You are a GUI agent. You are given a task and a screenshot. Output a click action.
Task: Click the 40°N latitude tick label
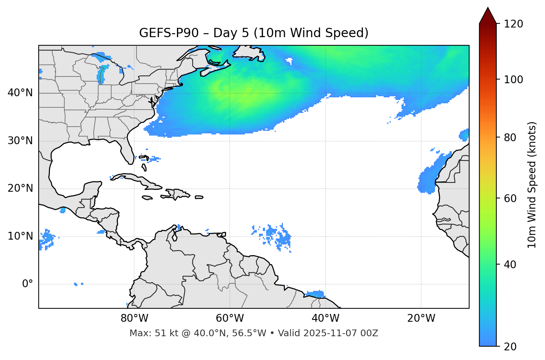(20, 93)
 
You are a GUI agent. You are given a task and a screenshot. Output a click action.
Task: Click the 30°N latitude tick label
(20, 141)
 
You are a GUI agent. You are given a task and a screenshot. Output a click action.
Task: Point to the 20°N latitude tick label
(20, 188)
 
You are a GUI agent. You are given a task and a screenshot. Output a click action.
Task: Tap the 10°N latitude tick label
(20, 236)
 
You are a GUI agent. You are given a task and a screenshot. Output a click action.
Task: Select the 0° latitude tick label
(28, 284)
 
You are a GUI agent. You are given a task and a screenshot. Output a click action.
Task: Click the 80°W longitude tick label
(134, 318)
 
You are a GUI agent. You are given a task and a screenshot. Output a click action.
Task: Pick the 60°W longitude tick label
(230, 318)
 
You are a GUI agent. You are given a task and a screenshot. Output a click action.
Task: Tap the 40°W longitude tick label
(325, 318)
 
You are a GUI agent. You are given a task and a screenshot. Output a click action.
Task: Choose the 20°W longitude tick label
(421, 318)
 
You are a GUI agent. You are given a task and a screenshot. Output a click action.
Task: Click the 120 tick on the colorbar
(513, 24)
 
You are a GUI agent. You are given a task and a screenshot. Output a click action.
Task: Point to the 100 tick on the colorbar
(513, 80)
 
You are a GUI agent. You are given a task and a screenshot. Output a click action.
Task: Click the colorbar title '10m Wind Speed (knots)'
(532, 185)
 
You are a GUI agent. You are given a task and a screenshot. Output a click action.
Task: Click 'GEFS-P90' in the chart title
(164, 33)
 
